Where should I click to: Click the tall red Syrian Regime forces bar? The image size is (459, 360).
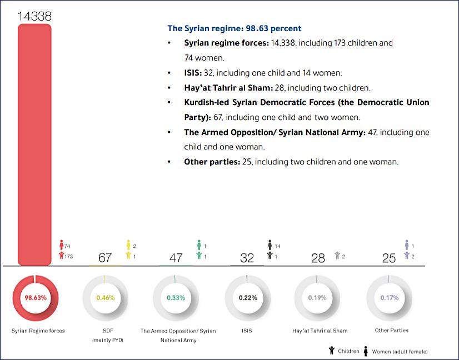pos(34,144)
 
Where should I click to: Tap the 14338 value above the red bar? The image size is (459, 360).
pos(34,16)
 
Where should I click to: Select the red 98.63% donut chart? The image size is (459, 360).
pos(35,297)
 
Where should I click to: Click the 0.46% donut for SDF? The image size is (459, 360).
pos(106,297)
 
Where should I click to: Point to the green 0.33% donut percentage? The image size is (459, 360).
pos(176,297)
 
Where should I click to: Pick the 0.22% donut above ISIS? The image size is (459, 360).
pos(248,297)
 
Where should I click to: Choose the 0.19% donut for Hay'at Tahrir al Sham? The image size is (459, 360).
pos(317,297)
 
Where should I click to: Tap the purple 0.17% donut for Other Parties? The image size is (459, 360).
pos(390,297)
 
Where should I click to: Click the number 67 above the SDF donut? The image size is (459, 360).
pos(106,258)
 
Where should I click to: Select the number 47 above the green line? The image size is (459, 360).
pos(176,258)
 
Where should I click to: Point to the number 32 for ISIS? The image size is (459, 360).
pos(247,258)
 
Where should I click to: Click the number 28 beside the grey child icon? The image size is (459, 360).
pos(318,258)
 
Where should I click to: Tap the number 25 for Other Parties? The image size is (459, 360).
pos(389,258)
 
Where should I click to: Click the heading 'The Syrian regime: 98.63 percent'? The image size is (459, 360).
pos(235,28)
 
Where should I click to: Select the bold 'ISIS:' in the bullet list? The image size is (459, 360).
pos(196,73)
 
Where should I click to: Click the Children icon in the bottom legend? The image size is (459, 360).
pos(332,351)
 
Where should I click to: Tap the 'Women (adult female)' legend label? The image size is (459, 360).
pos(400,351)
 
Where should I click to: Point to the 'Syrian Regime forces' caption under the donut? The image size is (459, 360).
pos(38,331)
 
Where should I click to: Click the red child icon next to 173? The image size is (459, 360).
pos(61,256)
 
